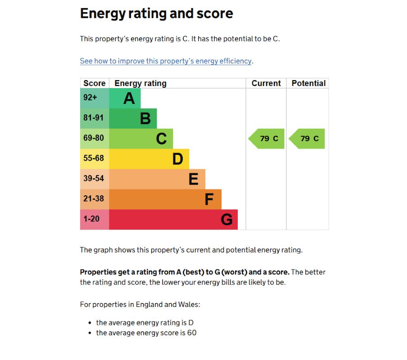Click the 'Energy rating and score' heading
156,13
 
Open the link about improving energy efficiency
166,61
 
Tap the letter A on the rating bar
129,98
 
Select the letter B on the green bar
145,118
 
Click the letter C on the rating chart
161,139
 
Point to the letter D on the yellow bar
178,159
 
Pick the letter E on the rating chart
193,179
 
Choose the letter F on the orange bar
209,199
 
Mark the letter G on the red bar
226,220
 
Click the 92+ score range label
90,98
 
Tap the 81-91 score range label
93,118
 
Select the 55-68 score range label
93,158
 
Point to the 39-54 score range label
93,179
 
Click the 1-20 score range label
91,219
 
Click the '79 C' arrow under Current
267,139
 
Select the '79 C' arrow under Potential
308,139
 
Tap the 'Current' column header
266,83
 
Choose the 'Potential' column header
308,83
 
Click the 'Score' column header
95,83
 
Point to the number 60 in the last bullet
192,333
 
